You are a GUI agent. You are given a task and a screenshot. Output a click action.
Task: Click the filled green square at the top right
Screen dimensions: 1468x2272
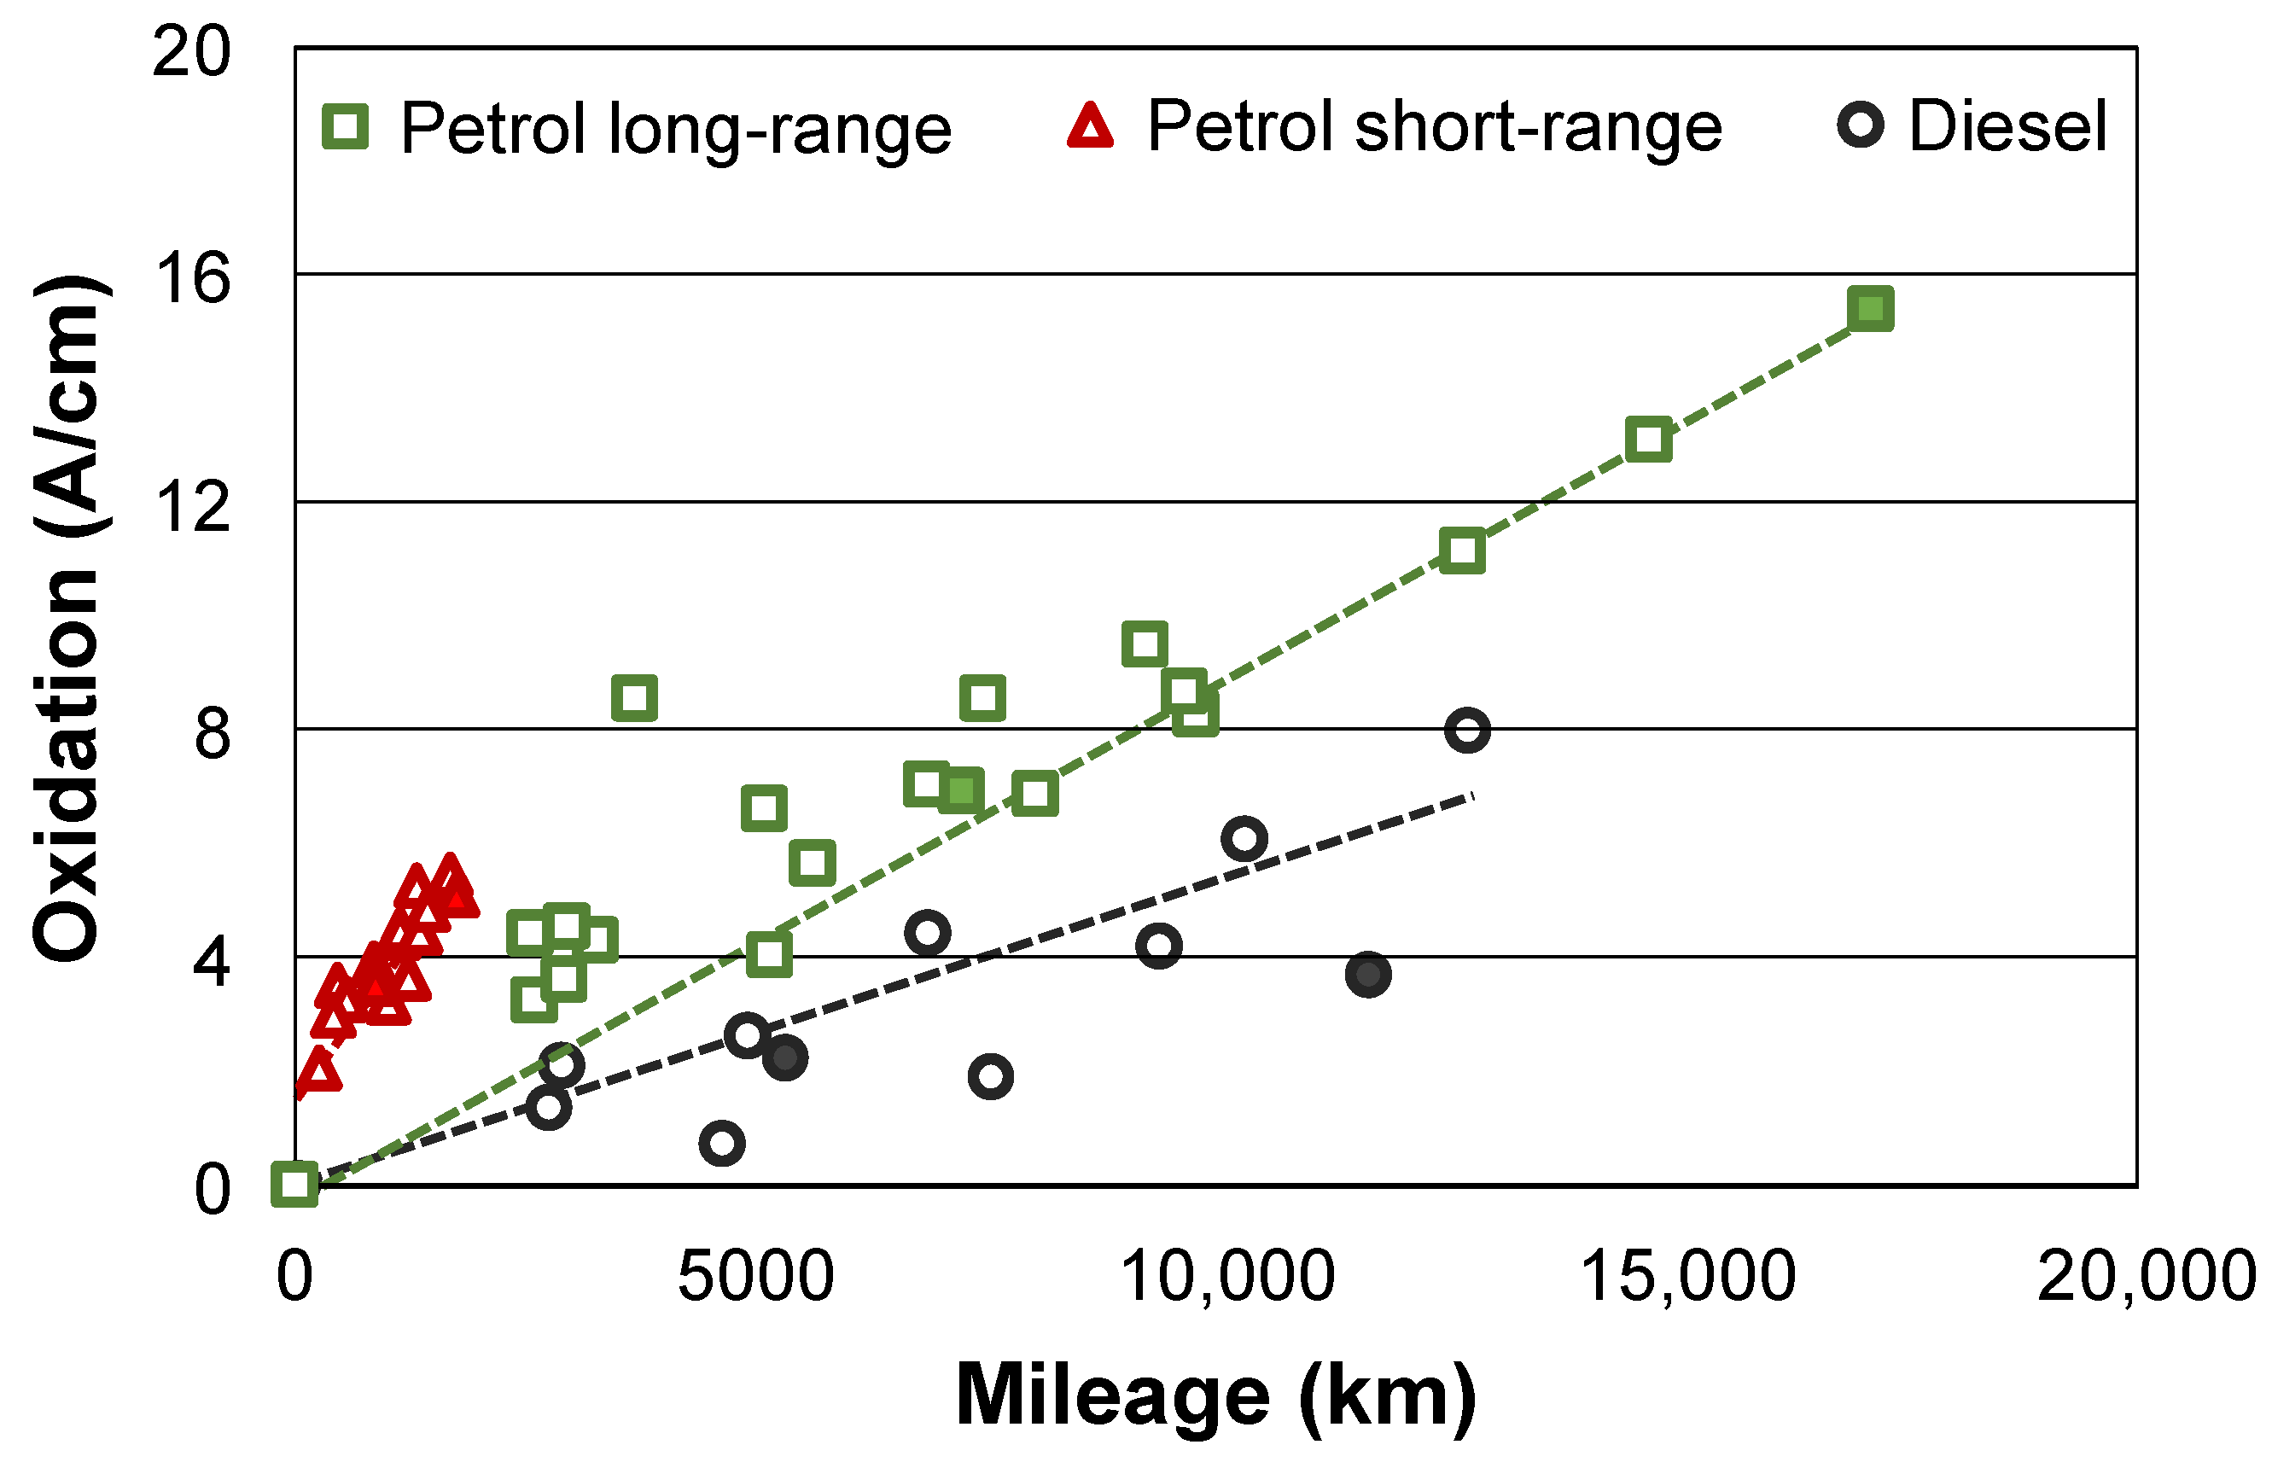pos(1870,309)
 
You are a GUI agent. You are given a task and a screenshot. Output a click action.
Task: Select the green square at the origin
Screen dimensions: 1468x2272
pos(294,1184)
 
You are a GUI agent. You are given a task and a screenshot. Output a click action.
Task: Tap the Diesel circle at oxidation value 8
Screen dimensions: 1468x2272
pos(1466,731)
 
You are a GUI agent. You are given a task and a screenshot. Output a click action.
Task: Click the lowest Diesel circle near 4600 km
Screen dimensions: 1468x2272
pos(721,1143)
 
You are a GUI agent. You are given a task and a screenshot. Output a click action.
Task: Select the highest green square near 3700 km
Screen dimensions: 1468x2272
pos(635,698)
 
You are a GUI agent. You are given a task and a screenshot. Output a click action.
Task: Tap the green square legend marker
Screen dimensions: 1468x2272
pos(346,127)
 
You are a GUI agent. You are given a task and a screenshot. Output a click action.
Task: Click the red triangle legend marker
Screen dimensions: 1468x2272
pos(1090,127)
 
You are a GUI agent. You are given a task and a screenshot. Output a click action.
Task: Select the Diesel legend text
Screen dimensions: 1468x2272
pos(2007,127)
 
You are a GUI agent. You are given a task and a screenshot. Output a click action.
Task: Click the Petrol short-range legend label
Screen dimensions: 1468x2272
pos(1434,127)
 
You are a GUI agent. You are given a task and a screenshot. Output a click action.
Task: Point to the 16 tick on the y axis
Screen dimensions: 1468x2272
pos(191,278)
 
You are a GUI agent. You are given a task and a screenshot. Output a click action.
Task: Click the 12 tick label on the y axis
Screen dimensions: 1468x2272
pos(191,506)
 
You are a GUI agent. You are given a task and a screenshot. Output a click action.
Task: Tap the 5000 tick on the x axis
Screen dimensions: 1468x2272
pos(754,1275)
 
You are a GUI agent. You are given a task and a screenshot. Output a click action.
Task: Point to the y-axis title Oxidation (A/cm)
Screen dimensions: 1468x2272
pos(67,620)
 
